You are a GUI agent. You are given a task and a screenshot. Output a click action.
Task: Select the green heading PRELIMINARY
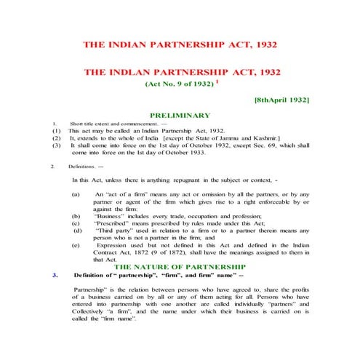click(180, 115)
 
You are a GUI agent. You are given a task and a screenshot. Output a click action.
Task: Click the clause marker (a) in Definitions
click(76, 196)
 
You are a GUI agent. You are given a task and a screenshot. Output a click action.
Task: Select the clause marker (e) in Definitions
click(76, 245)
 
